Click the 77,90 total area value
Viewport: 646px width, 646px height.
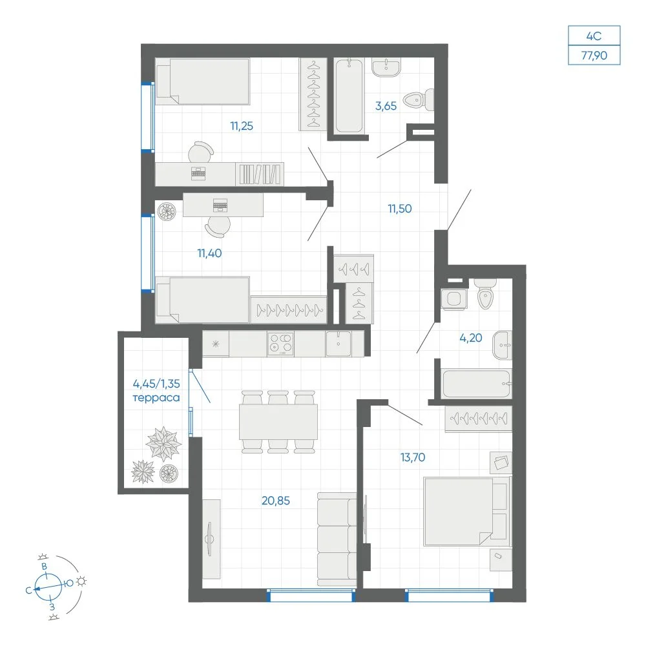point(594,55)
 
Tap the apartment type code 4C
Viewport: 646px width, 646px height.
point(594,36)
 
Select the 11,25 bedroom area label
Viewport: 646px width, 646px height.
point(242,126)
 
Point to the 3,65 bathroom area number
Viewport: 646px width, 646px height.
point(386,106)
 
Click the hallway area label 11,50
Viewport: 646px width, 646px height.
point(400,209)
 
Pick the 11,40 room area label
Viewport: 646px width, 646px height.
point(209,253)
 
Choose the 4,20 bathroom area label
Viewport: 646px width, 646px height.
point(470,338)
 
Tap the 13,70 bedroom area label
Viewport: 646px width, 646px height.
point(413,457)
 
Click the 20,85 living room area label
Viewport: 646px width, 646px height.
point(276,501)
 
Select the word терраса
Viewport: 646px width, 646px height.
point(156,398)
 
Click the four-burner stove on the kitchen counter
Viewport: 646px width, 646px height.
point(280,344)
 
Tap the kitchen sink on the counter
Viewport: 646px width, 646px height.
point(339,344)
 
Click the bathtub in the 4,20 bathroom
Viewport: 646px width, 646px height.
point(476,384)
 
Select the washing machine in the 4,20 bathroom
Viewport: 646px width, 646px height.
point(453,298)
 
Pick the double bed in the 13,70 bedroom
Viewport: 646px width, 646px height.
point(467,511)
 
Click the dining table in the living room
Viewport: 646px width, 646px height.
point(278,422)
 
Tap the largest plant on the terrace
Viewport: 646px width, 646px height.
point(163,443)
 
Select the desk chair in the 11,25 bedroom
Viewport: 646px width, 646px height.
point(201,152)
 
